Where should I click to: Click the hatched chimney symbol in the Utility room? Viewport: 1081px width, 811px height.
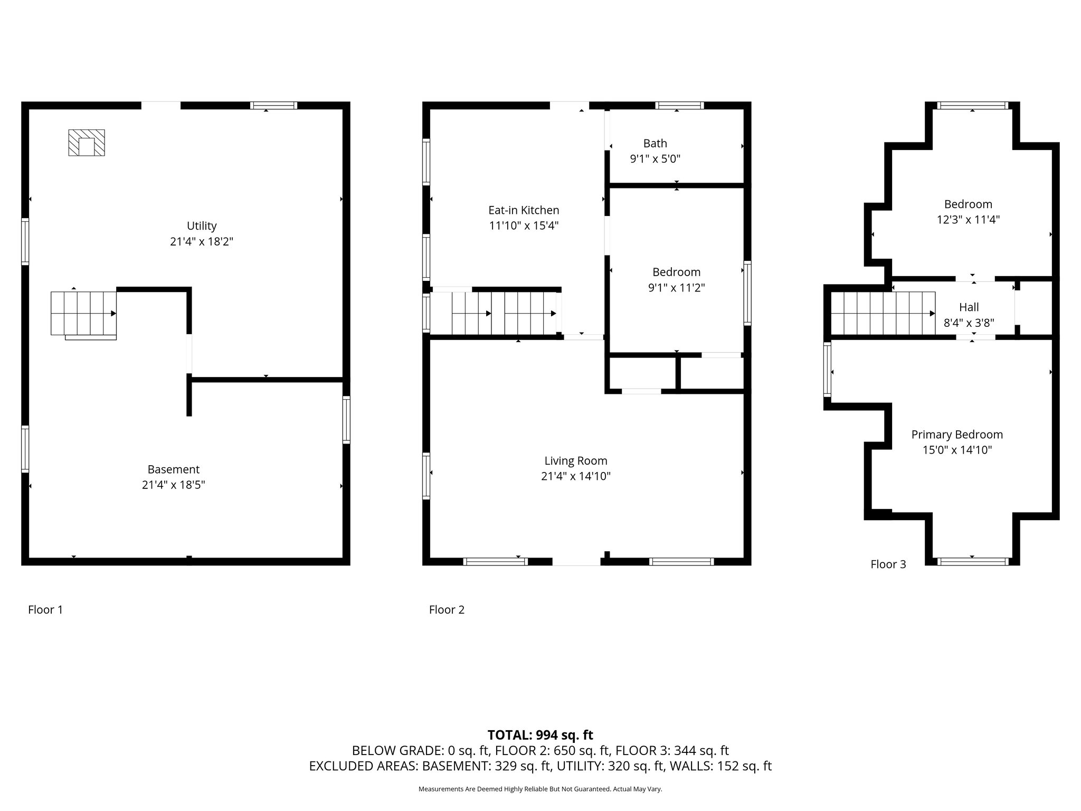pos(87,143)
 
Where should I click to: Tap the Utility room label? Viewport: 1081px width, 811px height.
pos(202,226)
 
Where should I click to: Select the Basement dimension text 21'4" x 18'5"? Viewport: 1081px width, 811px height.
pos(173,485)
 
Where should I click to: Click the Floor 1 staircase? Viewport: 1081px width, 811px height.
pos(83,313)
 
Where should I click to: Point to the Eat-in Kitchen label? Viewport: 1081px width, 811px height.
pos(524,210)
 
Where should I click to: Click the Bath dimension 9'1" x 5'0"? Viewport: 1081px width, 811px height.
pos(655,159)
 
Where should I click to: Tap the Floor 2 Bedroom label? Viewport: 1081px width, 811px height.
pos(676,272)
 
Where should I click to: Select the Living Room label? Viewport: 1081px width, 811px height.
pos(576,461)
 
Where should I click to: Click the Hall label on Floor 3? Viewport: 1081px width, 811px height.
pos(969,307)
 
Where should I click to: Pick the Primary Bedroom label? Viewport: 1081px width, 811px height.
pos(957,435)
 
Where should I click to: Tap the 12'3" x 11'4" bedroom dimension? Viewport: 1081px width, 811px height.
pos(968,220)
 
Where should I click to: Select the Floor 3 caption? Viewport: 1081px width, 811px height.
pos(888,564)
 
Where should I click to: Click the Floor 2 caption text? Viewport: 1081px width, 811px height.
pos(447,610)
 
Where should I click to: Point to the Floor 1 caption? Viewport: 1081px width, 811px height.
pos(45,610)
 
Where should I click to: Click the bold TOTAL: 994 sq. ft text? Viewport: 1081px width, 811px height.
pos(540,735)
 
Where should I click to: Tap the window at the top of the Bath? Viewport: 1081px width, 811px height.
pos(679,106)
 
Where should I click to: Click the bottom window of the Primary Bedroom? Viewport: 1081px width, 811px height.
pos(972,561)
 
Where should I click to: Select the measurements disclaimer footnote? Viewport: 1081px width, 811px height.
pos(540,789)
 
